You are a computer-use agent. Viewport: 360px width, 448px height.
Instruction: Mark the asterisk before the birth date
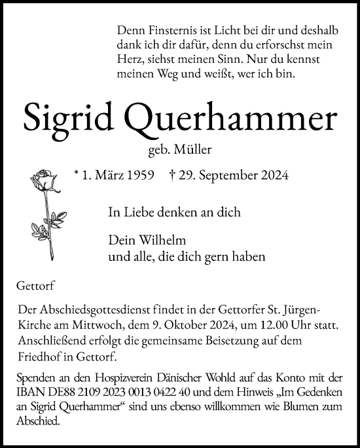point(77,174)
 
